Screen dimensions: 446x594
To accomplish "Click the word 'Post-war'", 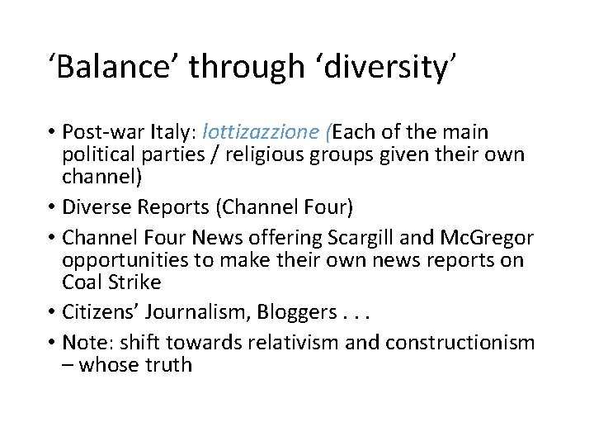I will pos(99,132).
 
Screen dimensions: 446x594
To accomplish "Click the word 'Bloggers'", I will pos(296,311).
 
